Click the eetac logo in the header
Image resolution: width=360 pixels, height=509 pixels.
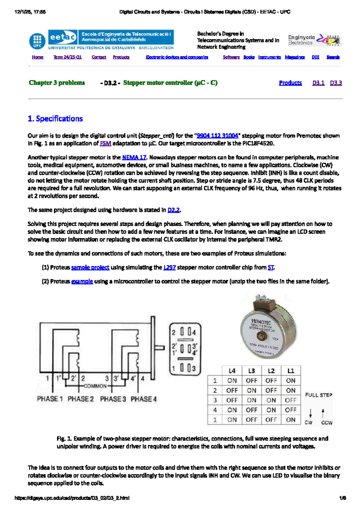(62, 37)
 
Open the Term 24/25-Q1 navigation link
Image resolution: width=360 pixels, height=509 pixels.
(67, 57)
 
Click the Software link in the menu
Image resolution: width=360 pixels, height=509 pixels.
(231, 57)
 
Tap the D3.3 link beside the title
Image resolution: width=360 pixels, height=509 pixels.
(336, 83)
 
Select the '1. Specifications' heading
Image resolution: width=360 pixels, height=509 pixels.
(55, 119)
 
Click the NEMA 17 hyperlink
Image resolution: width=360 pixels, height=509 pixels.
(134, 157)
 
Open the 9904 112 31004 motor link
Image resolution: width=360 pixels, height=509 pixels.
(217, 136)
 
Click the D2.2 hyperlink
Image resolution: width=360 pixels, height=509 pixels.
(173, 210)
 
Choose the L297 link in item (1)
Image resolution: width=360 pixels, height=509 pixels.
(169, 267)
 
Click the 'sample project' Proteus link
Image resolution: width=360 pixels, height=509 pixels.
(90, 267)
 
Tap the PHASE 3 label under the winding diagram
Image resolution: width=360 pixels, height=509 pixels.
(113, 399)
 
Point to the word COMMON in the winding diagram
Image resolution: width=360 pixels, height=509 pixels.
(95, 386)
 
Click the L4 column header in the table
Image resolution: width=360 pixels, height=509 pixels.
(232, 371)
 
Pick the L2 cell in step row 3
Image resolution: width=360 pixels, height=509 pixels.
(271, 400)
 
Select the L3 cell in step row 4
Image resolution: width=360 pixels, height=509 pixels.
(251, 410)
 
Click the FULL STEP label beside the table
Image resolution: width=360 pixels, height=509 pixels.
(319, 395)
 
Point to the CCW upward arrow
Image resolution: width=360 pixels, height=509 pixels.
(323, 413)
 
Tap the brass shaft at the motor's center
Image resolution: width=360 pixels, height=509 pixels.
(261, 336)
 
